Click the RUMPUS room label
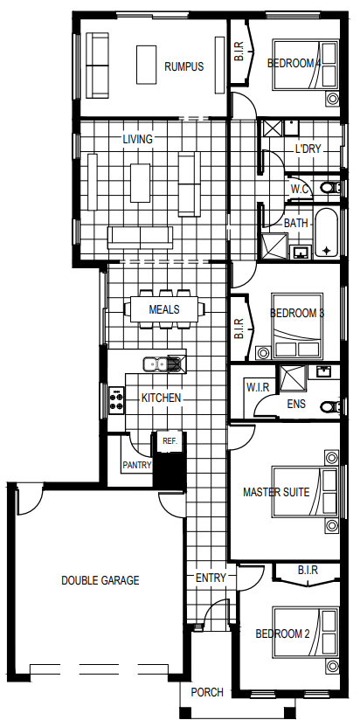(x=183, y=66)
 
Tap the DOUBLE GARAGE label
(x=100, y=580)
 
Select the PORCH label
(x=207, y=692)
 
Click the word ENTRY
(x=211, y=578)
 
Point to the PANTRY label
(x=137, y=465)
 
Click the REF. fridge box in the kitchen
(x=170, y=441)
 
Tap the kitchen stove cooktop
(x=117, y=400)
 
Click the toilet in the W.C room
(x=330, y=188)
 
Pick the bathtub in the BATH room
(x=327, y=232)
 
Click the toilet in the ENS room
(x=330, y=406)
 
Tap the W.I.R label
(x=258, y=387)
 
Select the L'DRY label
(x=308, y=149)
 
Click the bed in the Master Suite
(x=305, y=492)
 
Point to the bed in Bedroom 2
(x=305, y=633)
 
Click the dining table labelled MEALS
(x=164, y=309)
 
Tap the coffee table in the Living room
(x=140, y=183)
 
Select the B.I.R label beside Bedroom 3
(x=239, y=329)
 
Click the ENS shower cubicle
(x=291, y=379)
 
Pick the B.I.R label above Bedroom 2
(x=308, y=570)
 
